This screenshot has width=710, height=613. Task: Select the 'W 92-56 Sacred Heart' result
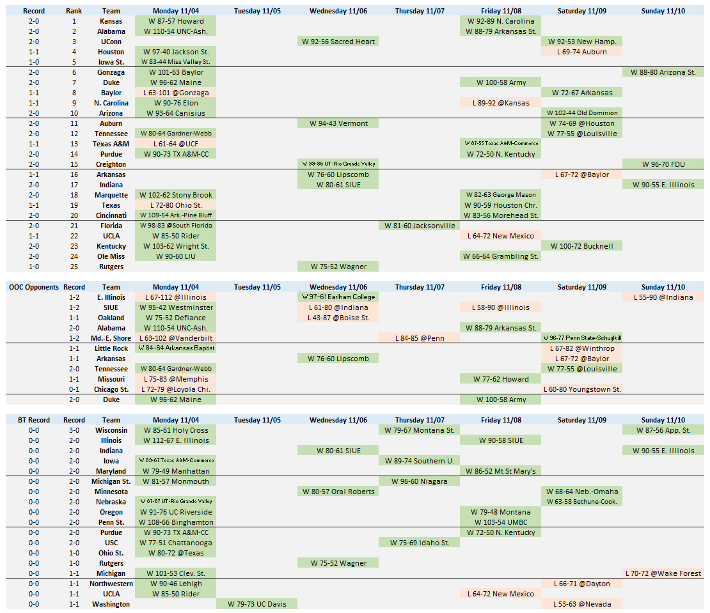[x=338, y=42]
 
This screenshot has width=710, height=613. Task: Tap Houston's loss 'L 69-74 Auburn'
[x=581, y=52]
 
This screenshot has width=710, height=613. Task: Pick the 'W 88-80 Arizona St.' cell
[x=663, y=72]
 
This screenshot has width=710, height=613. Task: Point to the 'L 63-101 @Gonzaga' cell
[x=176, y=93]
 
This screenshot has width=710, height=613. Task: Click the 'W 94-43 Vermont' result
[x=338, y=123]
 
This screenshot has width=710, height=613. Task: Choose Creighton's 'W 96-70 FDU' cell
[x=663, y=164]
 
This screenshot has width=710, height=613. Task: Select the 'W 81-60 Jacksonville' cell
[x=419, y=226]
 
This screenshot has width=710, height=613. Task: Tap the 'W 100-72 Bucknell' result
[x=581, y=246]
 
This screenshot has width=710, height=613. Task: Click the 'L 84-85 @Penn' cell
[x=419, y=338]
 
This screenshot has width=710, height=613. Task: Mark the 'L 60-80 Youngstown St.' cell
[x=581, y=389]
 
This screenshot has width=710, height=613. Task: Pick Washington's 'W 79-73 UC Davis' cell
[x=256, y=604]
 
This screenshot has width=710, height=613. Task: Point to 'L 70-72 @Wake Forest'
[x=663, y=573]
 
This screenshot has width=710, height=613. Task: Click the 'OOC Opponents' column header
[x=34, y=287]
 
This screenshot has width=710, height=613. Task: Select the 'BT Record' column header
[x=34, y=420]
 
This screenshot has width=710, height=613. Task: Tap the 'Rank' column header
[x=74, y=11]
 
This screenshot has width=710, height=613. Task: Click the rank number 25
[x=74, y=267]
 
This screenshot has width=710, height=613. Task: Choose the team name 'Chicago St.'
[x=111, y=389]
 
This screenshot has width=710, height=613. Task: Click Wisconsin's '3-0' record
[x=74, y=430]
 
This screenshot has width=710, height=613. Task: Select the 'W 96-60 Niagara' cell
[x=419, y=481]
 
